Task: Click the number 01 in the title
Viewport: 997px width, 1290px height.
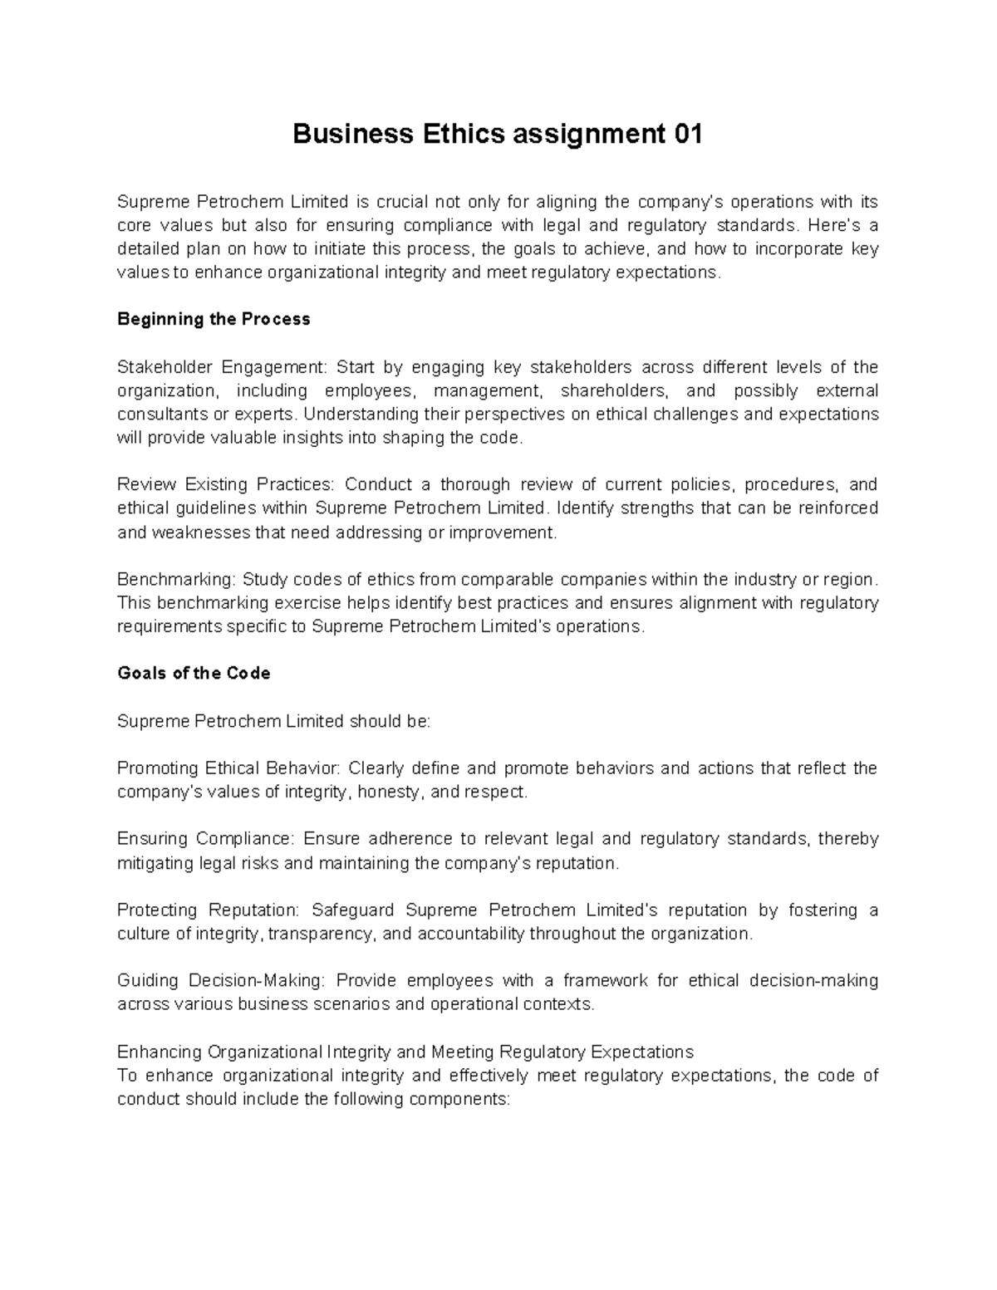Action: pos(686,134)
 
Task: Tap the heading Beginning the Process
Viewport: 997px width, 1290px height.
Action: pos(214,320)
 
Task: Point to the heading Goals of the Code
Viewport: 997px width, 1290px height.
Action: pos(194,674)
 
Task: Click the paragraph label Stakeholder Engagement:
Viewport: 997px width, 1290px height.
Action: pos(223,367)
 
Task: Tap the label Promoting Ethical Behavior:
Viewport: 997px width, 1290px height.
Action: pos(229,768)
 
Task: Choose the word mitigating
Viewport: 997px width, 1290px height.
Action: pos(153,863)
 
